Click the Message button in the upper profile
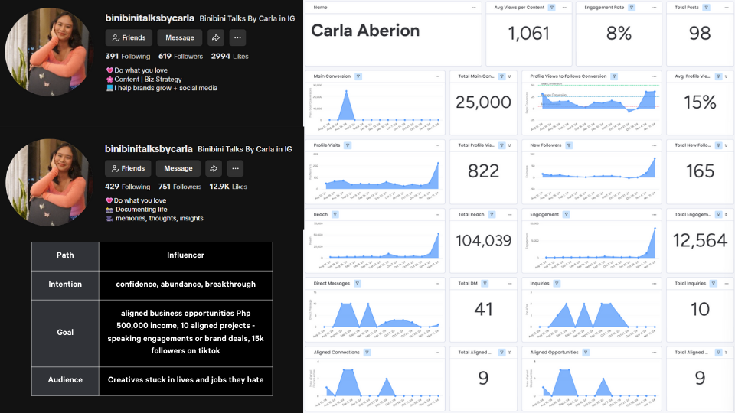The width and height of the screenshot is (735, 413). tap(180, 37)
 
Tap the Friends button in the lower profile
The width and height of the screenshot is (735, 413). tap(128, 168)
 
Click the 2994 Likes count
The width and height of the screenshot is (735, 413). tap(230, 56)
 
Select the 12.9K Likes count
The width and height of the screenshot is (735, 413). tap(228, 187)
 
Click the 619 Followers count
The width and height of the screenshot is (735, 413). tap(181, 56)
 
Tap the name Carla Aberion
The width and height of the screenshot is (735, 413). tap(365, 31)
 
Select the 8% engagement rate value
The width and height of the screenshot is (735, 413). tap(618, 34)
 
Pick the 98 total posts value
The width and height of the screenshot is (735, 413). tap(700, 34)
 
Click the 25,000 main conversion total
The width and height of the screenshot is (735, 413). tap(483, 102)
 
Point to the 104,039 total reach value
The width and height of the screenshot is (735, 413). tap(483, 240)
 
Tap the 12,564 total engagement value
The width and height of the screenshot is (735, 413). tap(700, 240)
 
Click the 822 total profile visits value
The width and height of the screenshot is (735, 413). tap(483, 171)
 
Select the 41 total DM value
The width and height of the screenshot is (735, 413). tap(483, 309)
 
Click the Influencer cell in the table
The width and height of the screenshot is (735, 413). tap(185, 255)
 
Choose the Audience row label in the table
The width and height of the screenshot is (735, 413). tap(65, 380)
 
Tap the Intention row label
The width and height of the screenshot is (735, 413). tap(65, 285)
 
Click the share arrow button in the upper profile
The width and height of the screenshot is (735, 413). tap(215, 37)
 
